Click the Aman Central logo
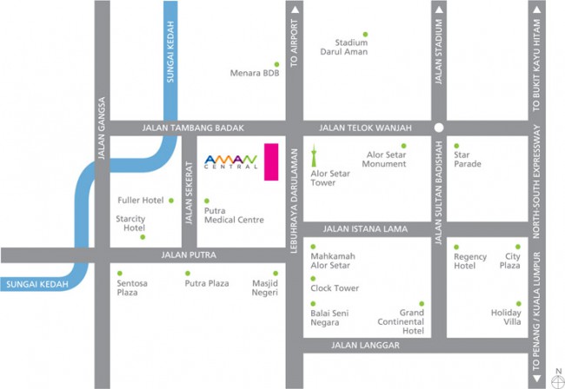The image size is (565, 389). pyautogui.click(x=230, y=161)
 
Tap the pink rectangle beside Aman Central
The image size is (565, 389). pyautogui.click(x=270, y=162)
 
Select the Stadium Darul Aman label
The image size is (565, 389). pyautogui.click(x=351, y=47)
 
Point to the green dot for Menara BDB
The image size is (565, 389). pyautogui.click(x=277, y=64)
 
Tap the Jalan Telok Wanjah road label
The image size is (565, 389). pyautogui.click(x=365, y=128)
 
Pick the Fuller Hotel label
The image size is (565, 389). pyautogui.click(x=140, y=201)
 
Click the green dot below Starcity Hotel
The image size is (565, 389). pyautogui.click(x=143, y=237)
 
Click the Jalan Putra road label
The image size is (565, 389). pyautogui.click(x=189, y=255)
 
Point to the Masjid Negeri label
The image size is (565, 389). pyautogui.click(x=264, y=287)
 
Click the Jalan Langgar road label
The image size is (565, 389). pyautogui.click(x=365, y=346)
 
